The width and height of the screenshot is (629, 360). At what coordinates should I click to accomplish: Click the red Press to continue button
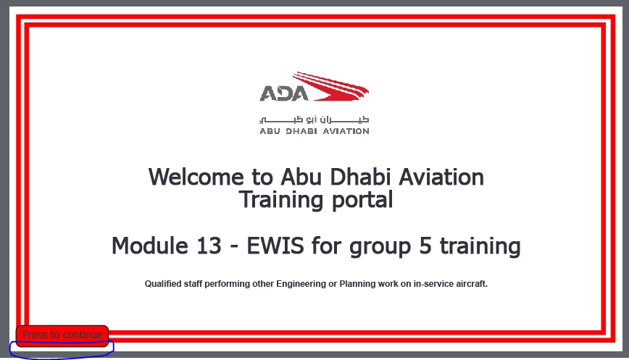pos(62,335)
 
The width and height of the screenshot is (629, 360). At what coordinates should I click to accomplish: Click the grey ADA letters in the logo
pos(283,93)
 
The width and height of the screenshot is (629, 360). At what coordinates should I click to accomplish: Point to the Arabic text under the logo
pos(314,120)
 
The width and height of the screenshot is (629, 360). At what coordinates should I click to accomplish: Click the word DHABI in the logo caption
pos(301,131)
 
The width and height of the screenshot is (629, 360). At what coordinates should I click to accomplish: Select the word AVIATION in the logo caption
pos(346,131)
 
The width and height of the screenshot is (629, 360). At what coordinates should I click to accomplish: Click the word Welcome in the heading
pos(196,177)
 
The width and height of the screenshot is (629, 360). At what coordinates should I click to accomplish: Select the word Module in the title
pos(149,246)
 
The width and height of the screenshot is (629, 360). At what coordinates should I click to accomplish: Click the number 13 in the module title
pos(209,246)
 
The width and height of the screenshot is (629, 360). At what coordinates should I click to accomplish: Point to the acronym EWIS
pos(275,246)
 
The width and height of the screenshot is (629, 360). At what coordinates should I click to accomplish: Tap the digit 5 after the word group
pos(425,246)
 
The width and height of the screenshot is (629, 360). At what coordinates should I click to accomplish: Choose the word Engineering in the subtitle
pos(301,284)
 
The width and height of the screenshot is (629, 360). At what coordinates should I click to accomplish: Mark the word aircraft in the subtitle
pos(472,284)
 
